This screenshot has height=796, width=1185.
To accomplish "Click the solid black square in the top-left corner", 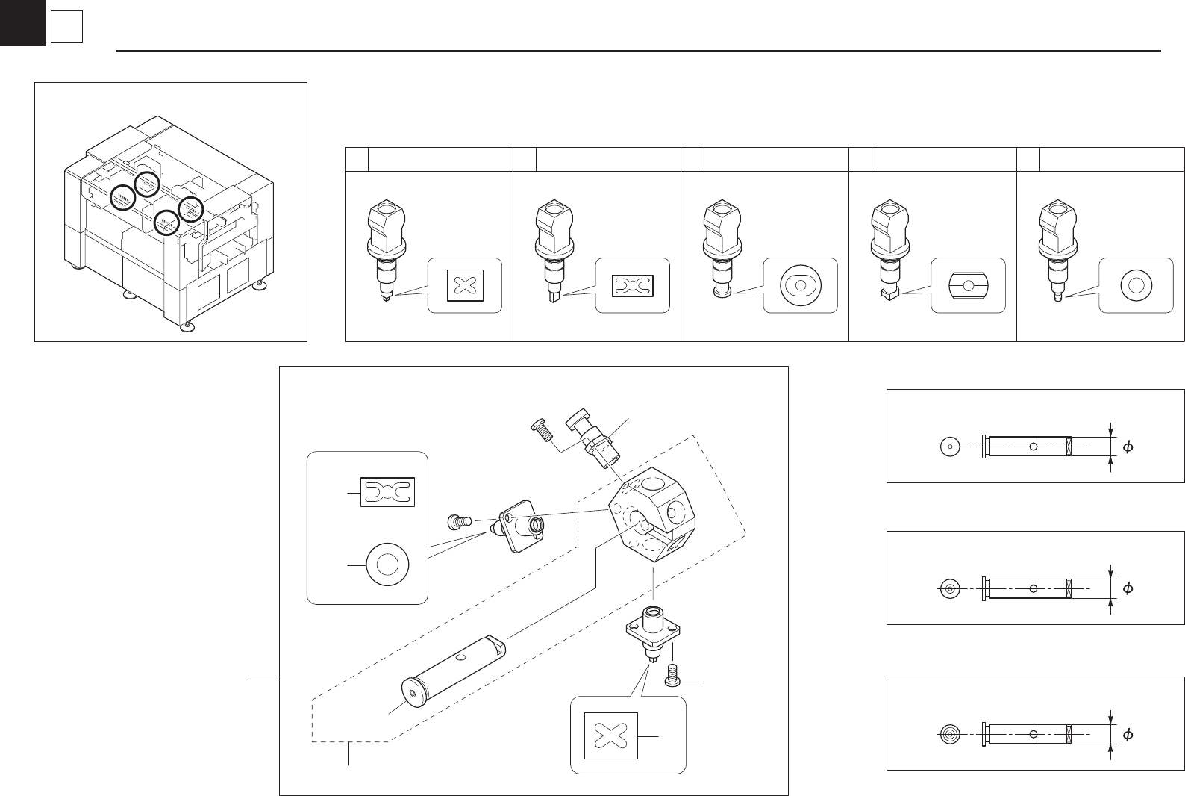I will (x=22, y=22).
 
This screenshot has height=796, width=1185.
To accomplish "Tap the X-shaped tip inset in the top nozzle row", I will (x=463, y=285).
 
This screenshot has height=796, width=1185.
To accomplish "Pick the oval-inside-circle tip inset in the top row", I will (x=800, y=285).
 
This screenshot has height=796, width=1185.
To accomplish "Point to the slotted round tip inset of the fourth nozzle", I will (x=968, y=285).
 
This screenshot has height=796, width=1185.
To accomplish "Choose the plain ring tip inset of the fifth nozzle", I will (x=1136, y=285).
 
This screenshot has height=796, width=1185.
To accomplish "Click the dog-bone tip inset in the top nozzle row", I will (x=632, y=285).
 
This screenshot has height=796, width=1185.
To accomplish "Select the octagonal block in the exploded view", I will (x=648, y=514).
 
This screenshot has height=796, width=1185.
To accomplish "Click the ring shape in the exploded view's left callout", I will (x=387, y=564).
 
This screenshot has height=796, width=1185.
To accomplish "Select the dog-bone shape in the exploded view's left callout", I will (x=387, y=492).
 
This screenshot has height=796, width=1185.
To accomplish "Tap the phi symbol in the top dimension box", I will (x=1128, y=447).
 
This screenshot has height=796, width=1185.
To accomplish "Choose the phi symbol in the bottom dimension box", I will (x=1128, y=734).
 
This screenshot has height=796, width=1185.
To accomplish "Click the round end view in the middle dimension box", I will (x=950, y=589).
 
